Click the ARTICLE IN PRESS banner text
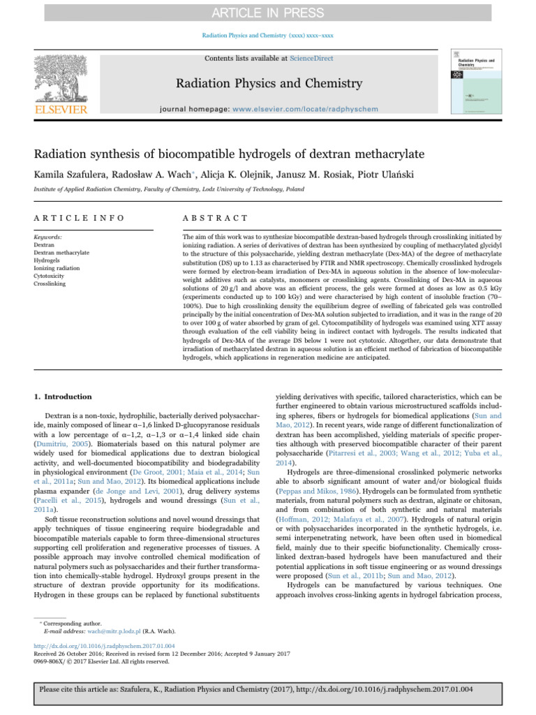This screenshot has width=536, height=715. click(267, 13)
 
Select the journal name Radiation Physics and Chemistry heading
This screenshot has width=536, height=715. click(267, 84)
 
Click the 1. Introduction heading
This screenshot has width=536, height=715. click(63, 397)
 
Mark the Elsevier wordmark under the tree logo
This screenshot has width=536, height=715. click(62, 110)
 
